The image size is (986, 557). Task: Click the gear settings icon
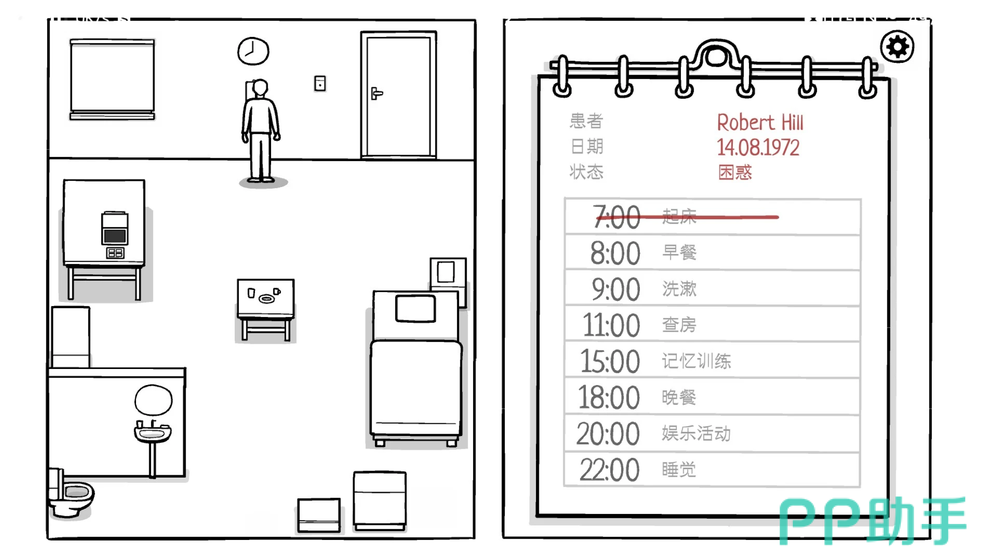pyautogui.click(x=897, y=47)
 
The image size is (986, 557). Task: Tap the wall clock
pyautogui.click(x=253, y=51)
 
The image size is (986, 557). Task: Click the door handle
pyautogui.click(x=376, y=94)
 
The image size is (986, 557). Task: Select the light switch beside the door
pyautogui.click(x=320, y=84)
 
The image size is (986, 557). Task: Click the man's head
pyautogui.click(x=260, y=88)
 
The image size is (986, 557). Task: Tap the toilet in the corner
pyautogui.click(x=71, y=494)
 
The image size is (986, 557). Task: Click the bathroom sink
pyautogui.click(x=153, y=432)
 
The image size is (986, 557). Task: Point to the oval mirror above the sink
pyautogui.click(x=153, y=400)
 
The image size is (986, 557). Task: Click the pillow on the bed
pyautogui.click(x=416, y=308)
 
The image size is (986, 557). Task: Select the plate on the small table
pyautogui.click(x=267, y=299)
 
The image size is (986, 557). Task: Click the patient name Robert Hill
pyautogui.click(x=760, y=122)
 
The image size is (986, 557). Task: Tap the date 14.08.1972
pyautogui.click(x=758, y=147)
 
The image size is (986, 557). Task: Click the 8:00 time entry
pyautogui.click(x=615, y=253)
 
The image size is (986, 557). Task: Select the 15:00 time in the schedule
pyautogui.click(x=610, y=361)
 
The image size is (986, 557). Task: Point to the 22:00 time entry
pyautogui.click(x=610, y=470)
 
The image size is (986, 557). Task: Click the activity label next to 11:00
pyautogui.click(x=679, y=325)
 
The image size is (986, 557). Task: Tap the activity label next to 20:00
pyautogui.click(x=696, y=433)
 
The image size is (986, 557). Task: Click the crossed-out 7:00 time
pyautogui.click(x=617, y=217)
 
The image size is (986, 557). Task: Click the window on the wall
pyautogui.click(x=112, y=79)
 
